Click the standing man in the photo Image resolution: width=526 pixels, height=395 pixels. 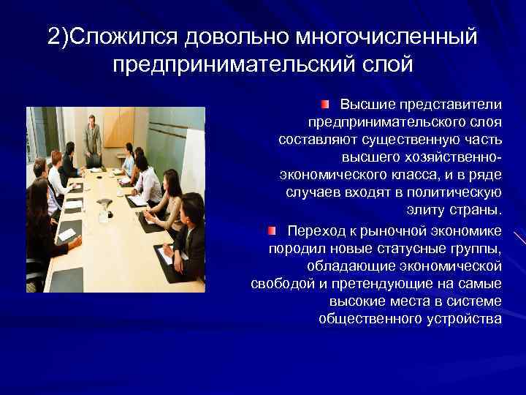[92, 139]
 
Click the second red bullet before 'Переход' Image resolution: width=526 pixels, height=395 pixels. [272, 231]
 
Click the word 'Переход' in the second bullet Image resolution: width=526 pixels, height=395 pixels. [317, 231]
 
